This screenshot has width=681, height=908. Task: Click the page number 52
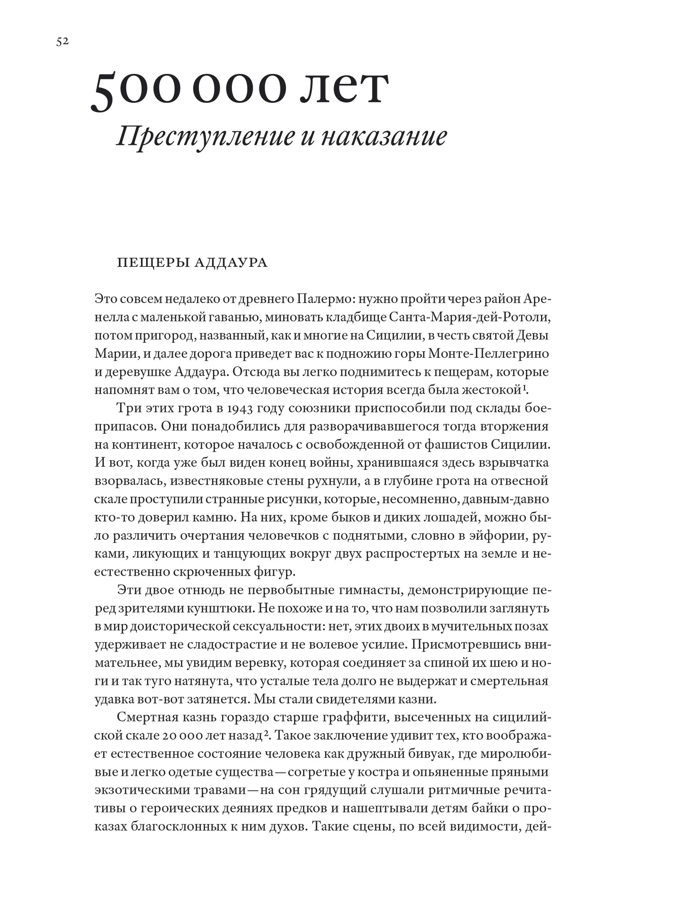62,42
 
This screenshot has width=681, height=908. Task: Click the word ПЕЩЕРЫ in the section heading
153,262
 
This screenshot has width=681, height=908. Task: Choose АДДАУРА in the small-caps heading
231,262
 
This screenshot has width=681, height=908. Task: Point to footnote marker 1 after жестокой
524,387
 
